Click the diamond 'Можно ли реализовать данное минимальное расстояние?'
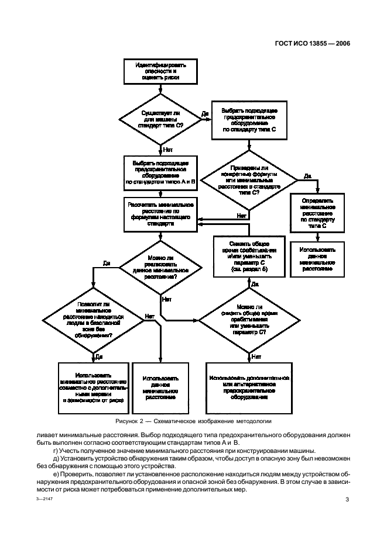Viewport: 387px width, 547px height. pos(160,268)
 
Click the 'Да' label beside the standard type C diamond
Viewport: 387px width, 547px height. pos(205,113)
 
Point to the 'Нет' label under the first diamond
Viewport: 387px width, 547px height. pos(167,150)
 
